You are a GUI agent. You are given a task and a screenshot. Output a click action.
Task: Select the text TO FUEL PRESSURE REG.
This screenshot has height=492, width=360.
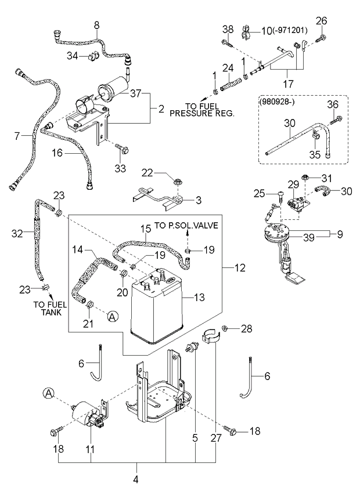coord(201,111)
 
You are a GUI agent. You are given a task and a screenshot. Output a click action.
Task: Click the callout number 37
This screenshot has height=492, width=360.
coord(136,93)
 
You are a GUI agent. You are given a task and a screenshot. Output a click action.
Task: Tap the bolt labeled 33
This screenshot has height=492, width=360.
coord(120,150)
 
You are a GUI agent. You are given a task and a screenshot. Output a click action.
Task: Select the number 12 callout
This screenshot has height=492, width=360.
coord(239,267)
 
